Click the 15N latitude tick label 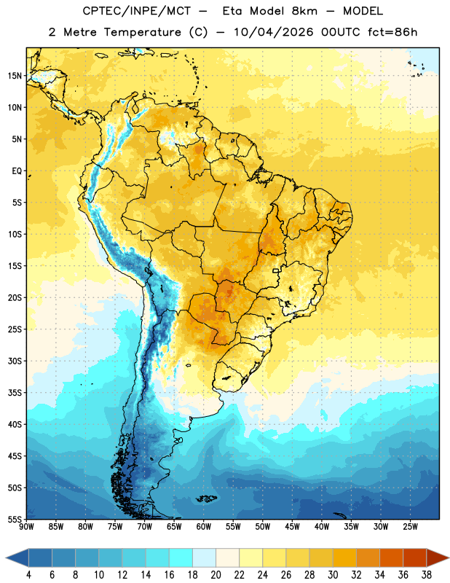(15, 76)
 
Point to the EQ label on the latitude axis (17, 171)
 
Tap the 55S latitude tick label (15, 519)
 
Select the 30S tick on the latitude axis (15, 361)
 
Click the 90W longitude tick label (26, 527)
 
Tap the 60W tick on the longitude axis (204, 527)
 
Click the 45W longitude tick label (292, 527)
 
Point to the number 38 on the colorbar (427, 575)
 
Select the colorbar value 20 (216, 575)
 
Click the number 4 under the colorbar (28, 575)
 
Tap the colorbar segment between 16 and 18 (181, 557)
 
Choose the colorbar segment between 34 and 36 (392, 557)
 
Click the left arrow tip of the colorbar (6, 557)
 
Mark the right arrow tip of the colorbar (449, 557)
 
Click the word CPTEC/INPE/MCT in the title (136, 11)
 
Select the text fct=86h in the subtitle (392, 32)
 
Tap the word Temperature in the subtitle (142, 32)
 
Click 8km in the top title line (304, 11)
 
